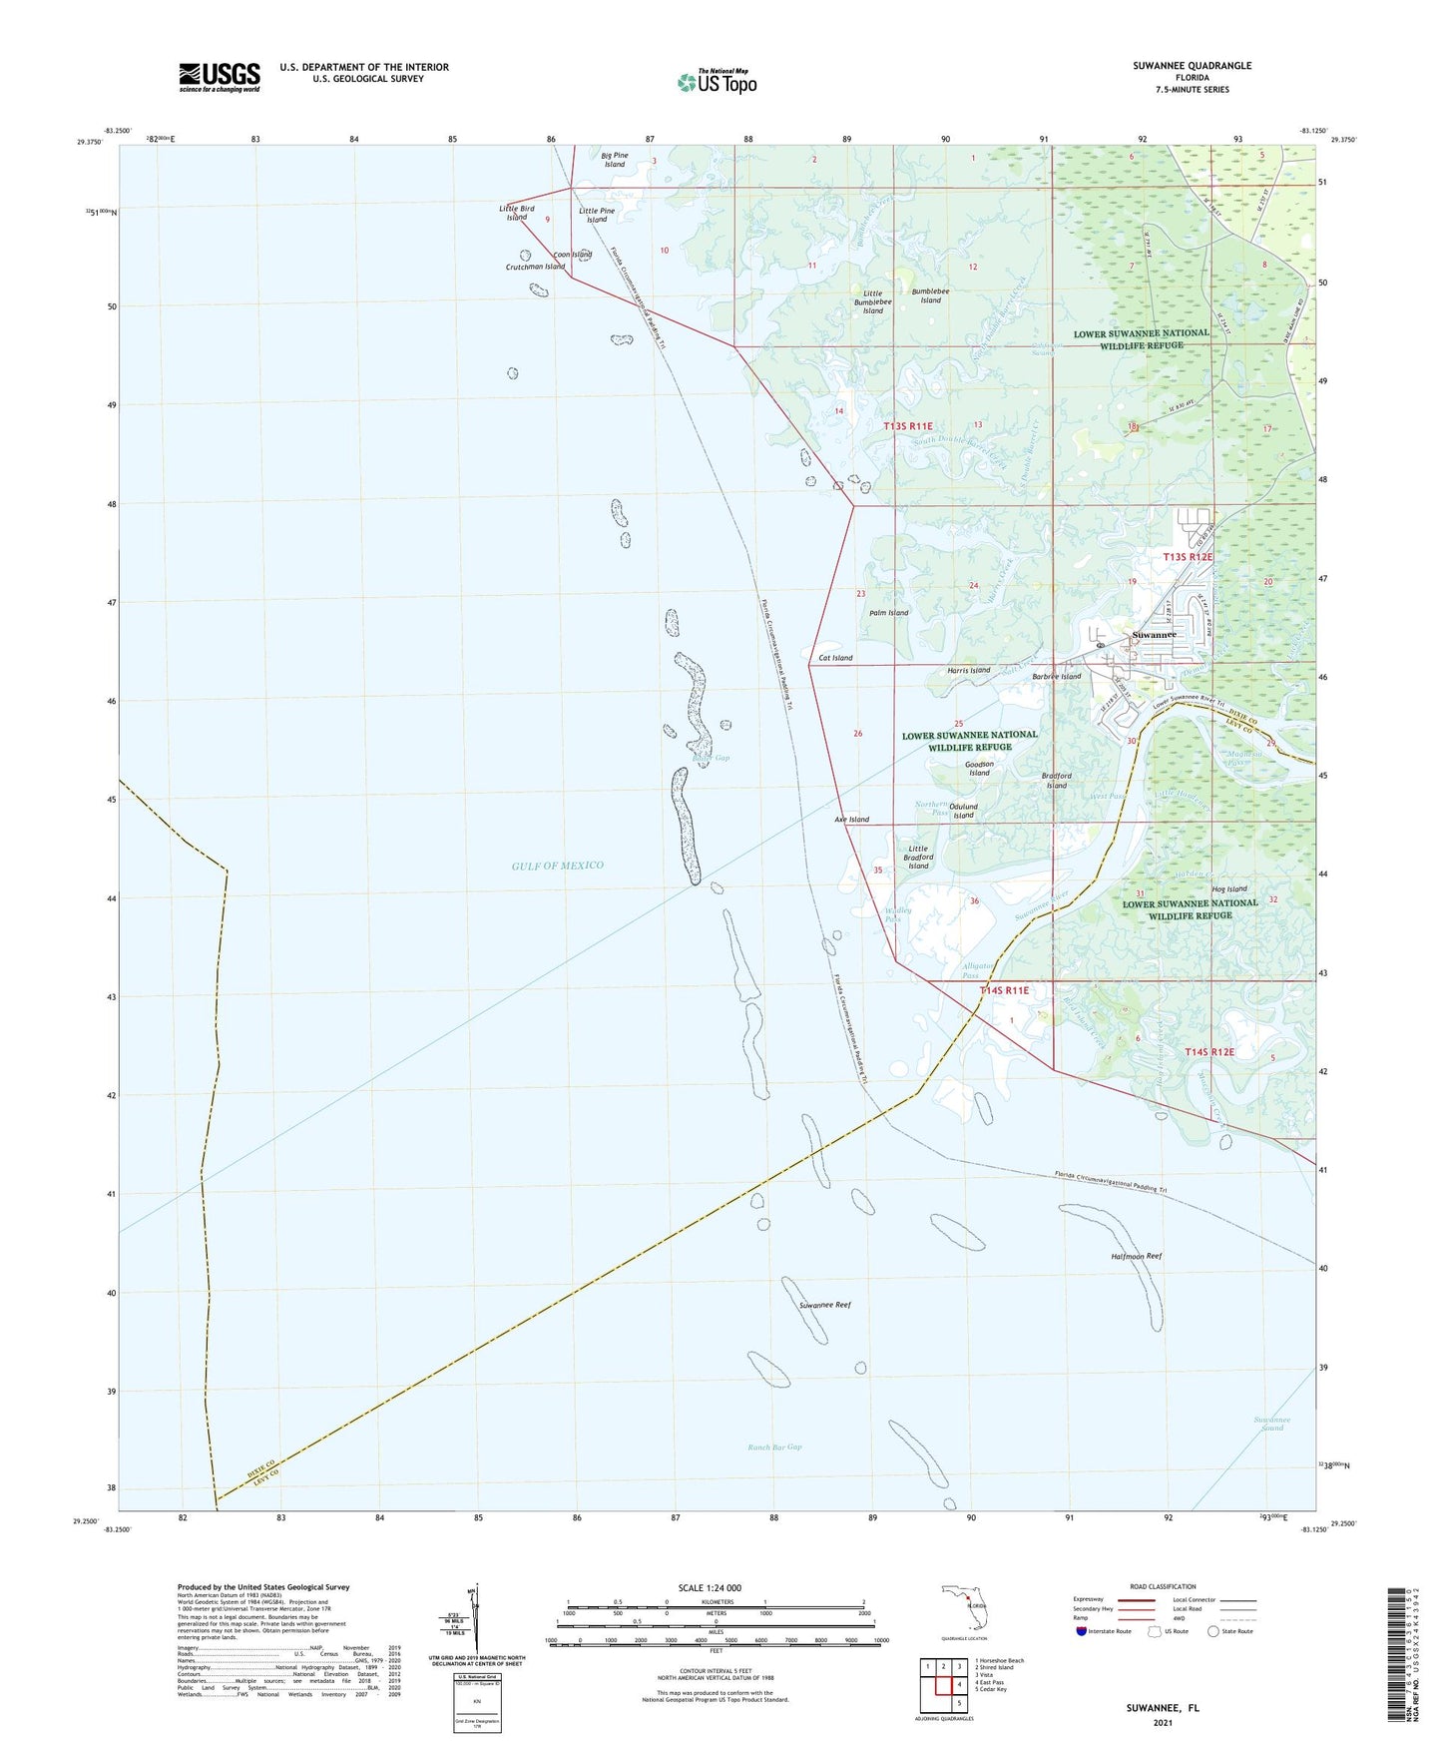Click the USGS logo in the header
pyautogui.click(x=219, y=77)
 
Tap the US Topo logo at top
pyautogui.click(x=717, y=82)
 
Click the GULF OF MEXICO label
pyautogui.click(x=558, y=866)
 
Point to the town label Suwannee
pyautogui.click(x=1154, y=635)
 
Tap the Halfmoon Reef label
pyautogui.click(x=1136, y=1256)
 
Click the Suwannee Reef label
pyautogui.click(x=824, y=1305)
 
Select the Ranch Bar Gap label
pyautogui.click(x=774, y=1447)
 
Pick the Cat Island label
pyautogui.click(x=835, y=658)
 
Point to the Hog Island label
pyautogui.click(x=1229, y=888)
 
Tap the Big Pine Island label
pyautogui.click(x=615, y=160)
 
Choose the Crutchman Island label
pyautogui.click(x=535, y=267)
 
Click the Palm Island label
pyautogui.click(x=888, y=613)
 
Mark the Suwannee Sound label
pyautogui.click(x=1271, y=1424)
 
